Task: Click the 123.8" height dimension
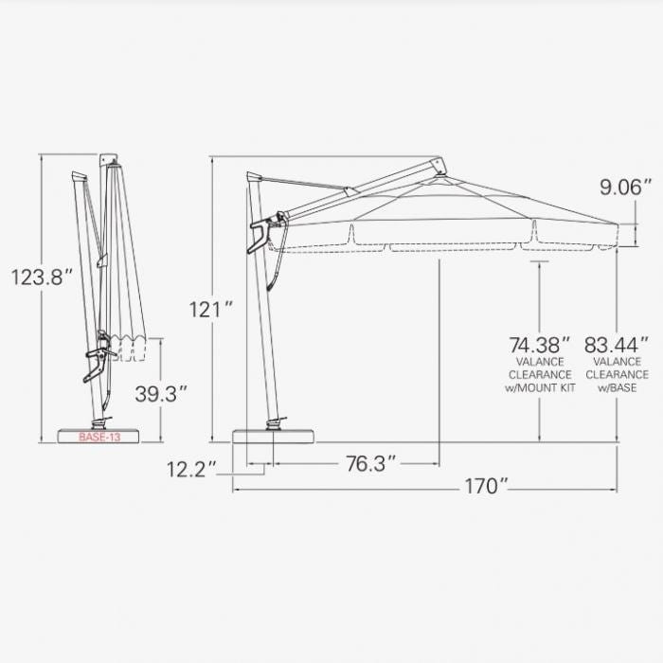pyautogui.click(x=42, y=278)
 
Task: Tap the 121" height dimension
pyautogui.click(x=210, y=309)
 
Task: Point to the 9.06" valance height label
pyautogui.click(x=625, y=188)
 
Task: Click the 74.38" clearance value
pyautogui.click(x=540, y=344)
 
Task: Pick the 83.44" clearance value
pyautogui.click(x=616, y=344)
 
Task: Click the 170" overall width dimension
pyautogui.click(x=487, y=487)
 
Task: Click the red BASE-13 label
pyautogui.click(x=99, y=438)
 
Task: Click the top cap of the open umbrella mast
pyautogui.click(x=252, y=177)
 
